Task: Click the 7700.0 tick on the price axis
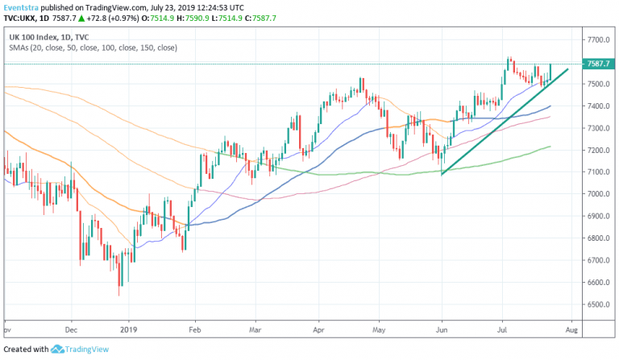pyautogui.click(x=597, y=39)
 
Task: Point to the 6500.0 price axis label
pyautogui.click(x=597, y=305)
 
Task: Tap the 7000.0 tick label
pyautogui.click(x=597, y=194)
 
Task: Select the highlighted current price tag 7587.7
pyautogui.click(x=599, y=64)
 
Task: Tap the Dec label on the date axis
pyautogui.click(x=71, y=329)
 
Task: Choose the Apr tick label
pyautogui.click(x=318, y=329)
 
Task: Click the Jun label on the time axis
pyautogui.click(x=442, y=329)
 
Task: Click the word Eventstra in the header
pyautogui.click(x=20, y=8)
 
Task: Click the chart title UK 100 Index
pyautogui.click(x=33, y=36)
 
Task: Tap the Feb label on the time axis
pyautogui.click(x=194, y=329)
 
